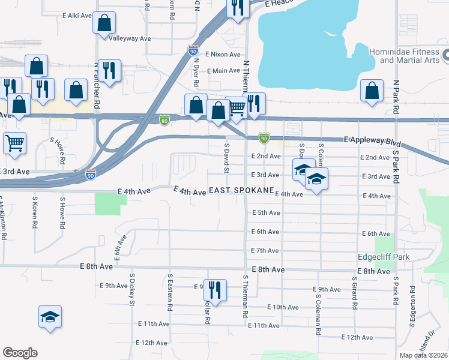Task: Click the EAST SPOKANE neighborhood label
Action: point(240,193)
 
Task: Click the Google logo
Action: point(20,353)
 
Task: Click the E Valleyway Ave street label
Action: point(127,38)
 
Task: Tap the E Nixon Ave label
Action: point(223,55)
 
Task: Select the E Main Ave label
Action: point(223,71)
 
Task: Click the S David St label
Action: point(227,158)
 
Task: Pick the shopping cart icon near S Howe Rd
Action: point(14,143)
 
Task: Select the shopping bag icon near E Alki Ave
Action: point(104,23)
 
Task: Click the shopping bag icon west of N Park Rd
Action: point(372,91)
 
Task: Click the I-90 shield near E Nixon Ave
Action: point(193,51)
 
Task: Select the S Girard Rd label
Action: point(355,293)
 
